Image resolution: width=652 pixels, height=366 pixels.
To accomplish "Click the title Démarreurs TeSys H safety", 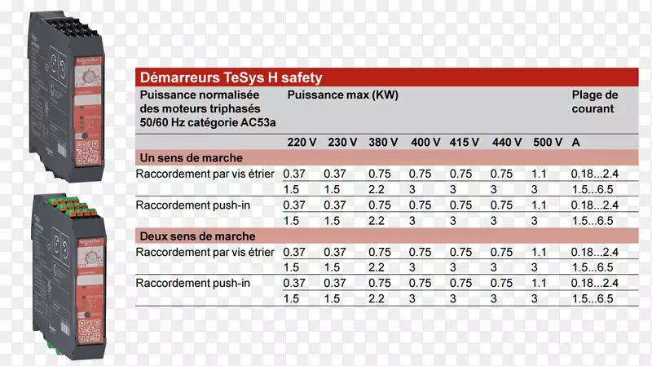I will coord(231,78).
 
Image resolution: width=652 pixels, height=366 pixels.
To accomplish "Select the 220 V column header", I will coord(302,142).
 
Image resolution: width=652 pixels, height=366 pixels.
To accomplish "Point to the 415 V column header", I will coord(465,142).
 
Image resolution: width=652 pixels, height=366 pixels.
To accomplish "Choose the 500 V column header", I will coord(548,142).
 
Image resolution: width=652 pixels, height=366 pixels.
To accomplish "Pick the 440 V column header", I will coord(506,142).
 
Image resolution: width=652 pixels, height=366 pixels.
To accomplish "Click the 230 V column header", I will coord(342,142).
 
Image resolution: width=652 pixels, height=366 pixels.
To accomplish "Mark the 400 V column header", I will coord(425,142).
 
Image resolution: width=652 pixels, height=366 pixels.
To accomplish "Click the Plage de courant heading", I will coord(595,102).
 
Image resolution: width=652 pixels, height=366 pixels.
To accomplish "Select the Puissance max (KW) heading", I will coord(342,95).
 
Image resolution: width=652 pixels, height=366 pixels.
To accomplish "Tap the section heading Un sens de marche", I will coord(191,157).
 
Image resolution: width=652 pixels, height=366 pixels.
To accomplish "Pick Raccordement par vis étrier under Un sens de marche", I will coord(207,174).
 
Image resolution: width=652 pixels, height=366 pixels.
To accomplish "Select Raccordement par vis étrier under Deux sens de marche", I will coord(207,253).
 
